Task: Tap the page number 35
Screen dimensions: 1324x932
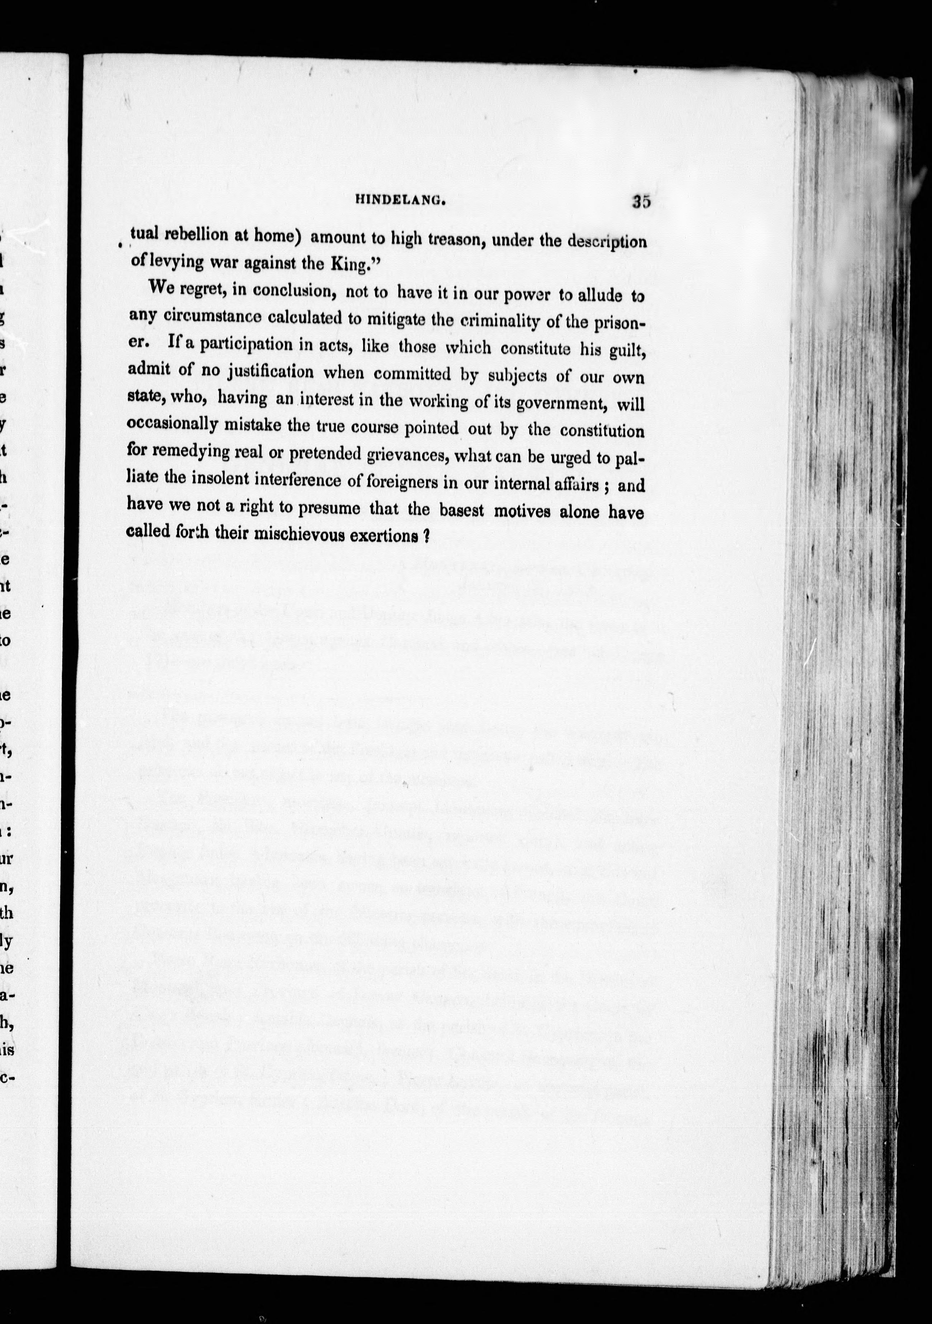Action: [641, 202]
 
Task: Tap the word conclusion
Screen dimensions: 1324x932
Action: [295, 290]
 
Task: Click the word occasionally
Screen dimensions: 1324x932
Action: [172, 424]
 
